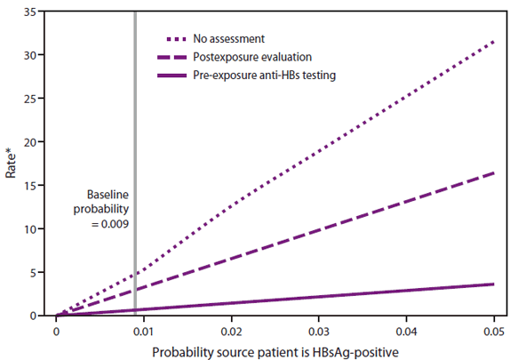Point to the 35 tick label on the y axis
pos(34,12)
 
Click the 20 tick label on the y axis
pos(34,142)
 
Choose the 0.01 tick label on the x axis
pos(143,328)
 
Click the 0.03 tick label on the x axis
pos(319,328)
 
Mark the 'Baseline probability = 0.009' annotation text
pos(108,210)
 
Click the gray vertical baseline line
pos(134,133)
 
